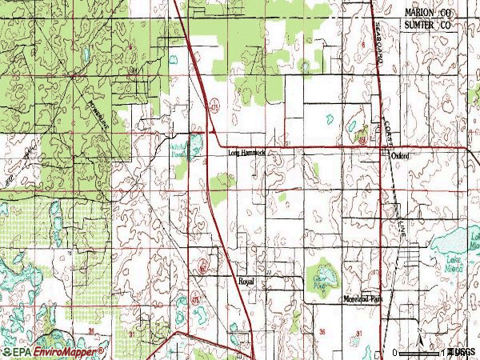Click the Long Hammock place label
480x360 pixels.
(246, 152)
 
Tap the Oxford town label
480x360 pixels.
(400, 156)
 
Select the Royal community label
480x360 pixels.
(246, 282)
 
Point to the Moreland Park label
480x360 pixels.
(364, 298)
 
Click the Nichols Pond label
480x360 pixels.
(178, 151)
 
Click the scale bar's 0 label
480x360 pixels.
(396, 353)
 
